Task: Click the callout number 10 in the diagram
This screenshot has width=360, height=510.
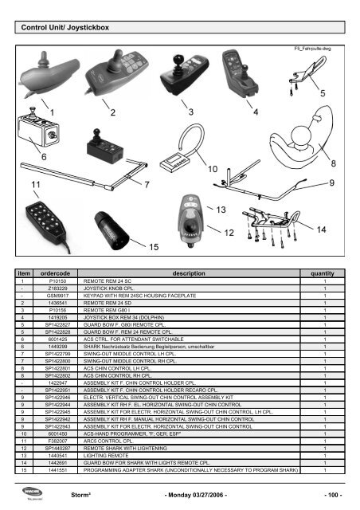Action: (x=213, y=170)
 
